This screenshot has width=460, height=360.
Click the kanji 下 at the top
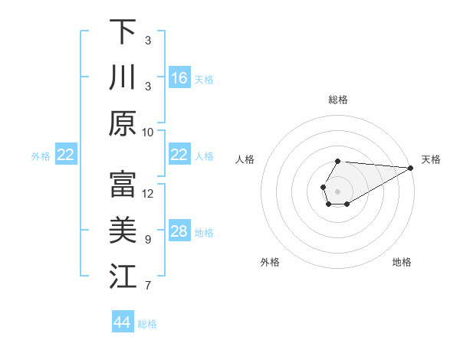click(123, 31)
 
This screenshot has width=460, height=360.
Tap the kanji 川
click(123, 77)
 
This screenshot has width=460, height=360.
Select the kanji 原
click(123, 123)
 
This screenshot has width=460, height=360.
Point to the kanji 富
click(123, 185)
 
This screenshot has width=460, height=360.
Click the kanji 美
click(123, 231)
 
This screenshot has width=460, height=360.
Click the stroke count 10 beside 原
click(148, 132)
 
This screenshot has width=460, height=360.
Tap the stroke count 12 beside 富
click(148, 193)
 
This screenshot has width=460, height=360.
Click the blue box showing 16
click(179, 77)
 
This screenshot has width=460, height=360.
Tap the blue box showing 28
click(179, 231)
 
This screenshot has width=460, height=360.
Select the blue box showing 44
click(123, 322)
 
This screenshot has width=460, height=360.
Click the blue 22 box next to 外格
click(66, 155)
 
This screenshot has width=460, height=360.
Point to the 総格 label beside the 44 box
click(147, 324)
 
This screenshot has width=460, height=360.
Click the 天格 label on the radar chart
click(431, 159)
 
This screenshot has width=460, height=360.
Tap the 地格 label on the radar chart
click(402, 262)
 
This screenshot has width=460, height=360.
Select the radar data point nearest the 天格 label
click(410, 168)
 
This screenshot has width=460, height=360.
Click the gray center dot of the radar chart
click(337, 191)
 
